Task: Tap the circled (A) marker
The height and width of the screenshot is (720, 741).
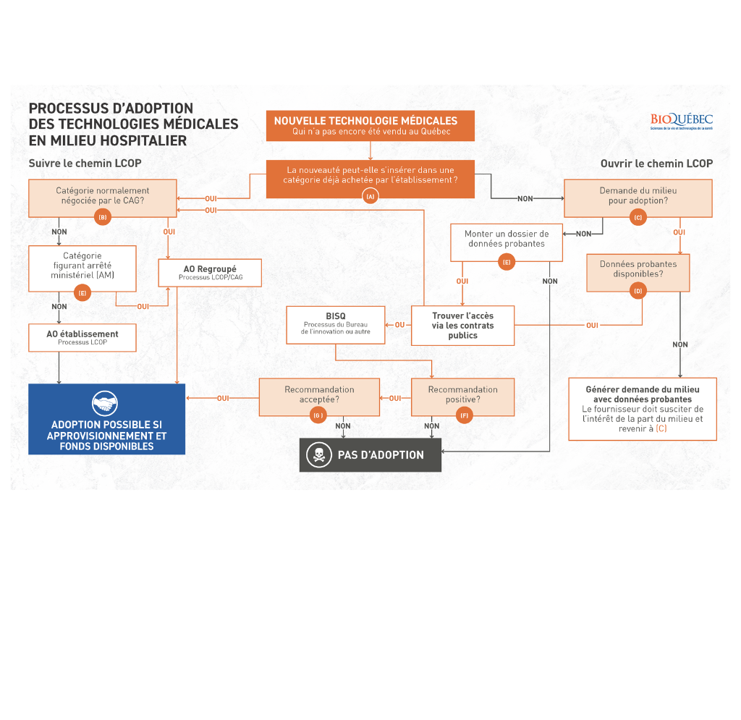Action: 370,196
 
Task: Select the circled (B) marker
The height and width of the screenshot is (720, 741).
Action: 103,217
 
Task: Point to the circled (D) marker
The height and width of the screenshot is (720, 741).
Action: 638,291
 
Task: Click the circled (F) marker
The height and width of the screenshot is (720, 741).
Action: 464,415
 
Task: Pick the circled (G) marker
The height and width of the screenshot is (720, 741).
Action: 318,415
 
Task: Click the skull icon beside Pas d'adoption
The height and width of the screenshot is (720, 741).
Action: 318,455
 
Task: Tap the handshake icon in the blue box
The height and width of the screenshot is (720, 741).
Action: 106,403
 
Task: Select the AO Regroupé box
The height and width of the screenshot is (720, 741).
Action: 210,273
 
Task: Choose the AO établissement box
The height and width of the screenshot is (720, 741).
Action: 82,337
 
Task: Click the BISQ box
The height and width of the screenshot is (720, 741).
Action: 336,324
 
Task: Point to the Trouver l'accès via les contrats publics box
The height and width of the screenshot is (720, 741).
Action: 462,326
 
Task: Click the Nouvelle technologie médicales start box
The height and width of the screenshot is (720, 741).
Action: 370,125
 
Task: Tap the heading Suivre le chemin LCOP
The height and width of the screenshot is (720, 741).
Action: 85,164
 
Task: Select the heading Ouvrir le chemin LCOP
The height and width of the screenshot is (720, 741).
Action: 656,164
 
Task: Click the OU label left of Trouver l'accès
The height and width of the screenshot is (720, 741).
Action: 399,325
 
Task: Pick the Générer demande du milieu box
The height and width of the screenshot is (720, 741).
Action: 643,409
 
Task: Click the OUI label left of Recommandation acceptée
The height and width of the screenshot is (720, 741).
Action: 223,398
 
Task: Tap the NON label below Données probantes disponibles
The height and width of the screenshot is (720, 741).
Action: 680,344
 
